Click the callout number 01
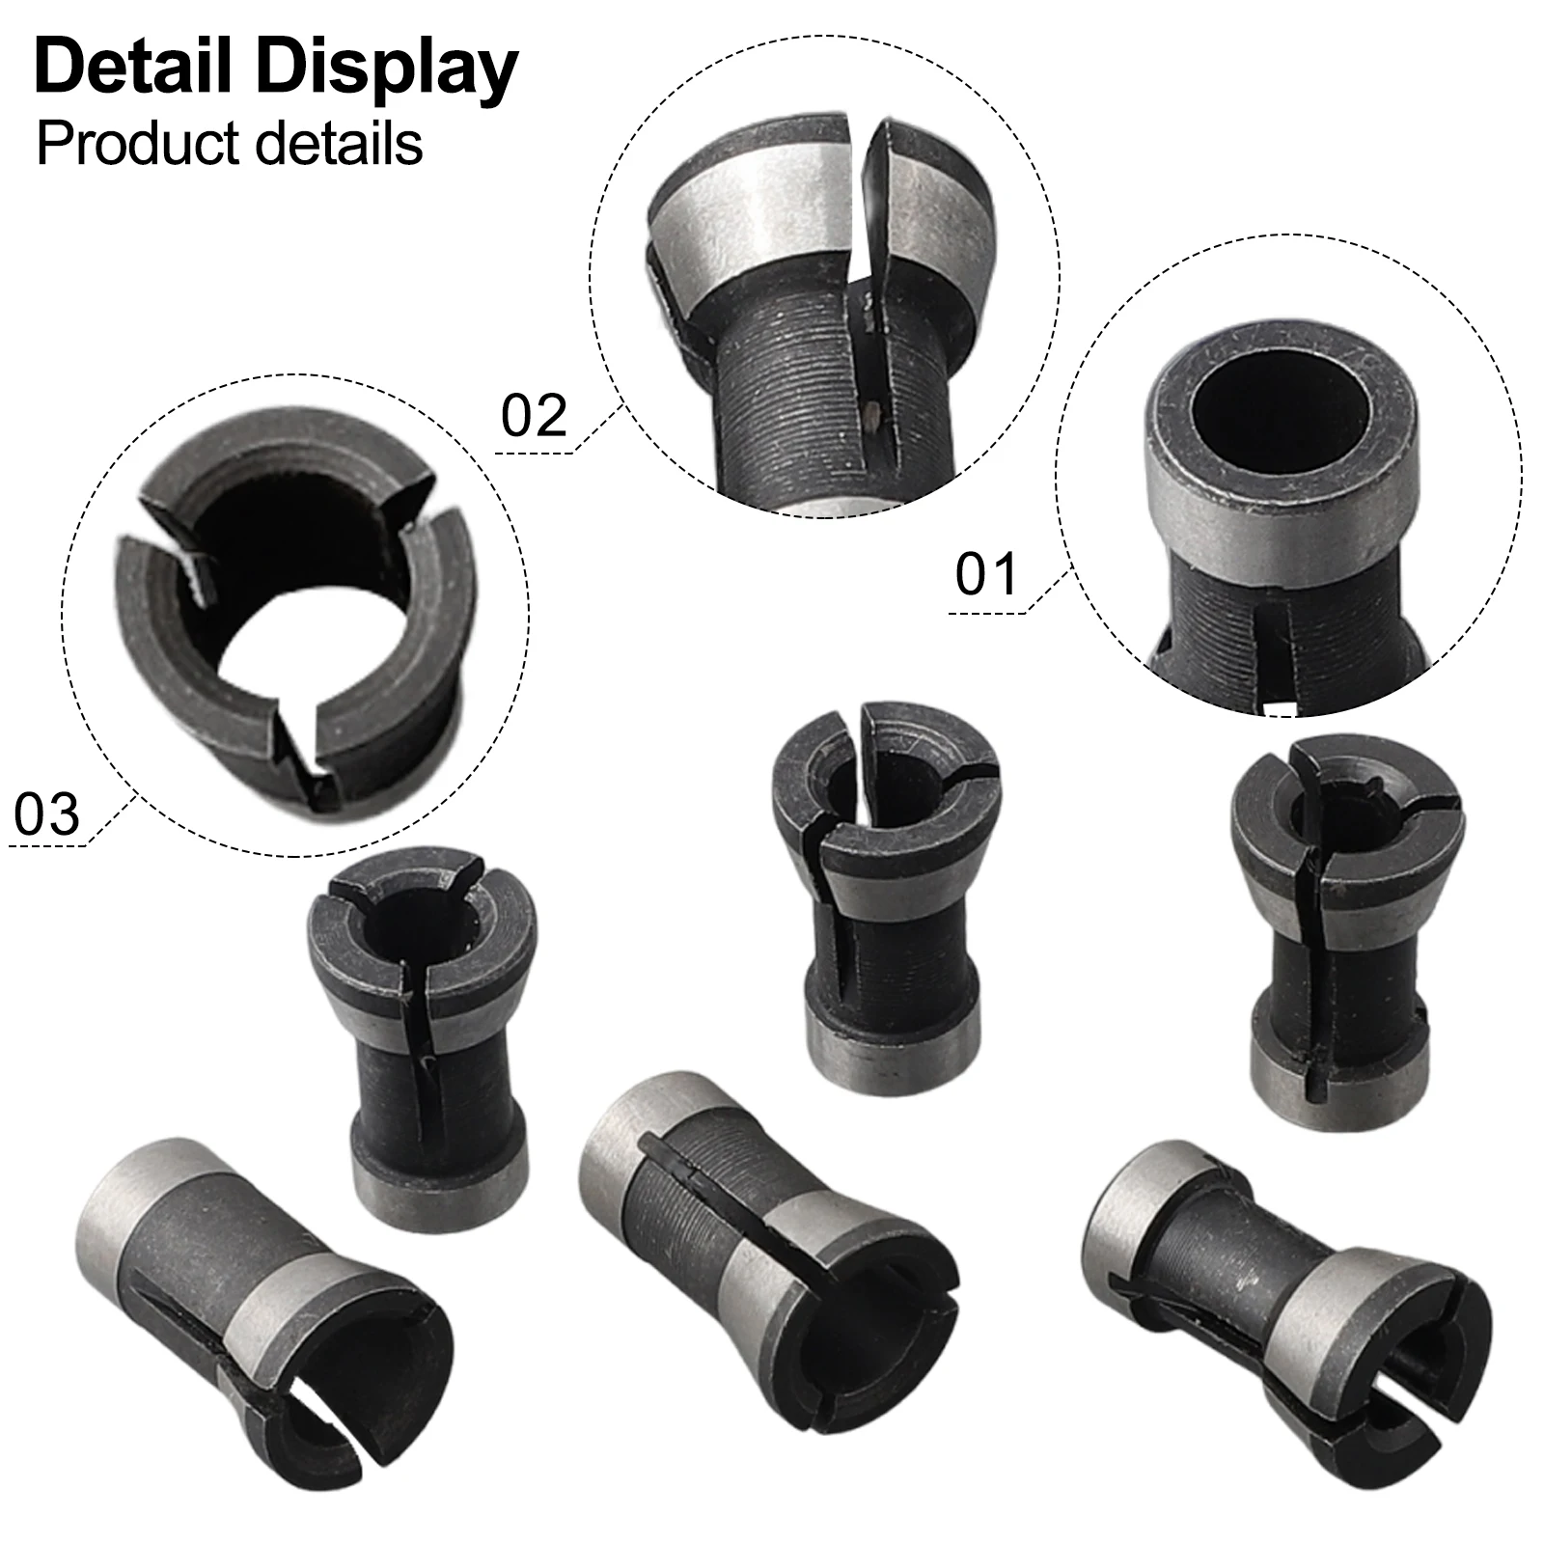[986, 575]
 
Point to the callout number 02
[534, 417]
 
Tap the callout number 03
[46, 813]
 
